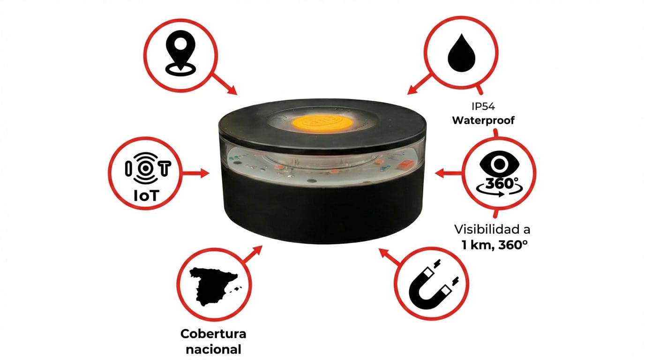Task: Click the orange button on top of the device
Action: coord(322,123)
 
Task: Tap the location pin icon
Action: coord(180,53)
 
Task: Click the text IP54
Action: coord(483,106)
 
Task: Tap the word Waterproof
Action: coord(483,120)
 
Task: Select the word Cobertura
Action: coord(213,334)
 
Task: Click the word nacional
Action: coord(213,350)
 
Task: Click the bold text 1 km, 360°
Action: coord(495,245)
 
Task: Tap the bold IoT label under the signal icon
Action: coord(146,196)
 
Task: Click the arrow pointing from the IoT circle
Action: coord(195,173)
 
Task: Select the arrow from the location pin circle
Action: coord(225,83)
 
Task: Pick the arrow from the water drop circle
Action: coord(420,84)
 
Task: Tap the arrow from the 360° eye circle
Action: coord(449,173)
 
